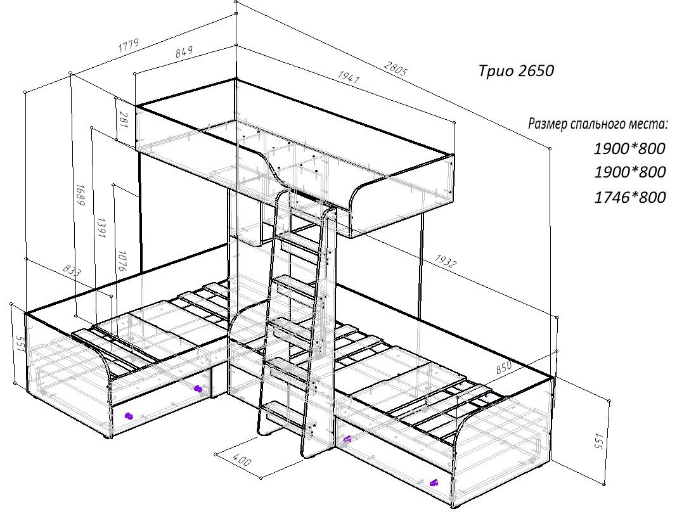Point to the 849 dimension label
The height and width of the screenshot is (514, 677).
click(183, 52)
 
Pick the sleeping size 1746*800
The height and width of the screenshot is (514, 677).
click(629, 198)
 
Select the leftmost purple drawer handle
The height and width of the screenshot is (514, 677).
click(128, 416)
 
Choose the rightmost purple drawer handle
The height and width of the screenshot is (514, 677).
click(434, 483)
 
